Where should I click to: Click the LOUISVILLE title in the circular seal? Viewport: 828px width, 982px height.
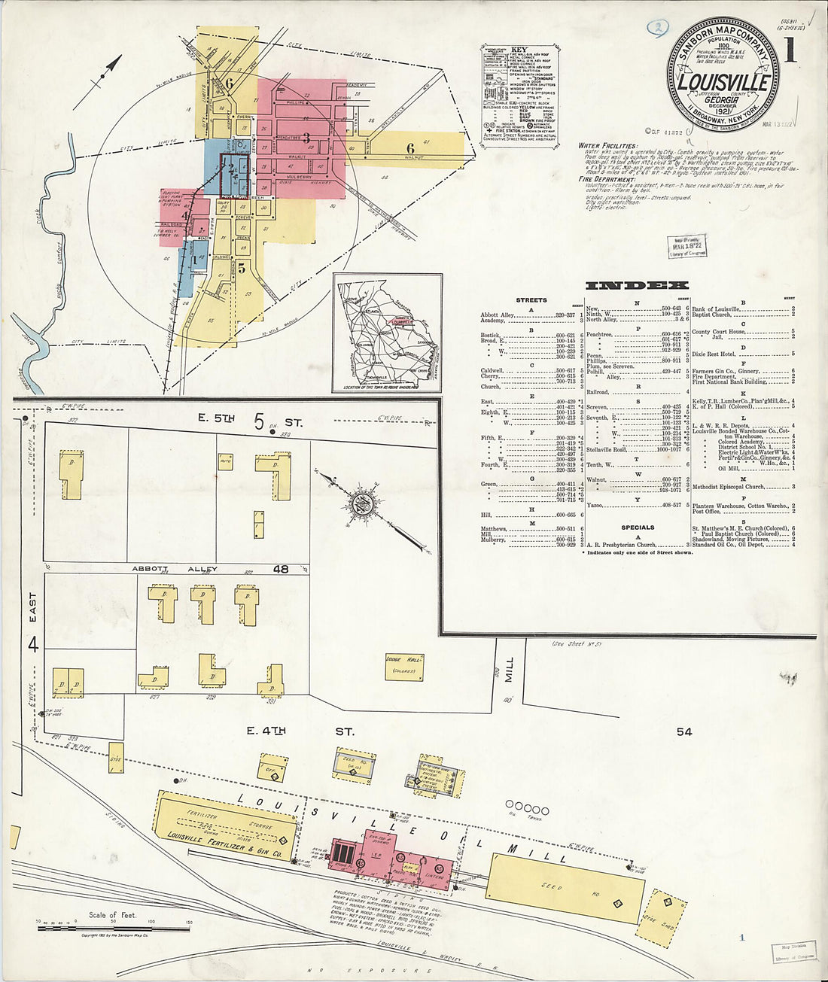coord(723,81)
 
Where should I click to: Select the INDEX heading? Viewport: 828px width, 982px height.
coord(637,285)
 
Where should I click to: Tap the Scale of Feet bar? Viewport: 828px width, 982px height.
coord(113,929)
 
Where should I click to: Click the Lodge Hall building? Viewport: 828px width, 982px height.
coord(403,667)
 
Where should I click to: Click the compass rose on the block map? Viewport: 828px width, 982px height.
coord(361,504)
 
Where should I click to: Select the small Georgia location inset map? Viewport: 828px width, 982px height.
coord(387,332)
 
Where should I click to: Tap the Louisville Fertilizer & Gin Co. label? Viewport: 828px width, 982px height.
coord(224,846)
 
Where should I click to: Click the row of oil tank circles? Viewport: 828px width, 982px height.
coord(526,805)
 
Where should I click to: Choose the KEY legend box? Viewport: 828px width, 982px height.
coord(520,94)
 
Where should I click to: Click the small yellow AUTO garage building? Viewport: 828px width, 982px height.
coord(226,462)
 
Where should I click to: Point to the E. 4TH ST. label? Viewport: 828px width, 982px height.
coord(300,731)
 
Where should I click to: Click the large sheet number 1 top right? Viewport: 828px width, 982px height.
coord(790,51)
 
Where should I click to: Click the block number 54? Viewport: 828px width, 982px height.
coord(683,731)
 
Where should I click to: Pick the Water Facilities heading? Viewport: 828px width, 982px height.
coord(607,146)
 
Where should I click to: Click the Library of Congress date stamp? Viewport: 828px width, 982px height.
coord(686,247)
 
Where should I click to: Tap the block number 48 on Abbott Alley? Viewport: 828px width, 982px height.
coord(281,570)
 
